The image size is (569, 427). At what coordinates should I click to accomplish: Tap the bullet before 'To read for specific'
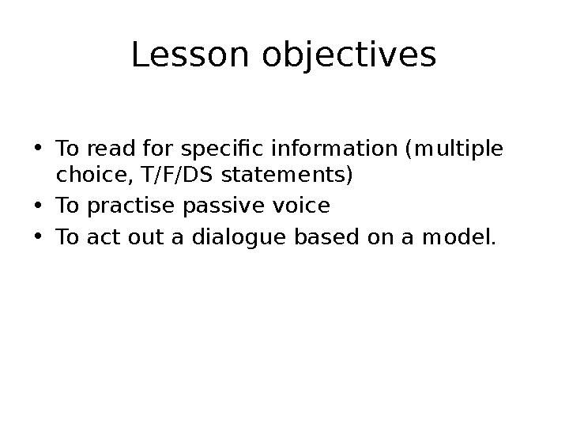pyautogui.click(x=39, y=149)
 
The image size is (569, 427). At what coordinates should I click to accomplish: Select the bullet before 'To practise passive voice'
pyautogui.click(x=39, y=207)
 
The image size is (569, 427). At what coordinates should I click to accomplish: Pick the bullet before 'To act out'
pyautogui.click(x=39, y=236)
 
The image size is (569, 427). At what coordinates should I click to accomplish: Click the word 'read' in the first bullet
pyautogui.click(x=106, y=149)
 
